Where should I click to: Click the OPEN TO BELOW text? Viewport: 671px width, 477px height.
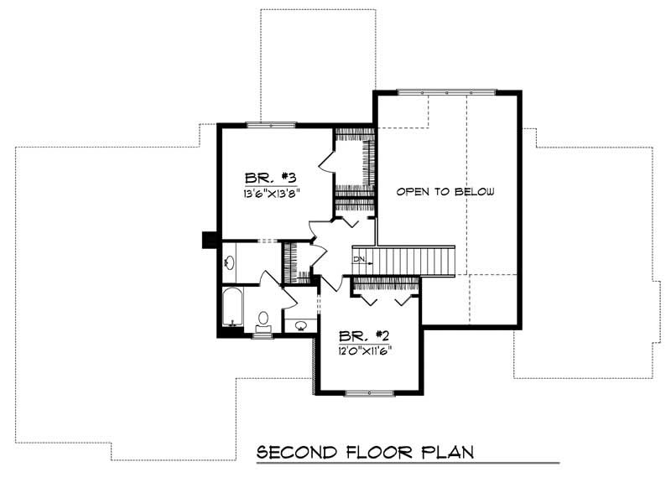(x=445, y=191)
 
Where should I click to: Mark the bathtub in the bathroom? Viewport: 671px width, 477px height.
(x=233, y=307)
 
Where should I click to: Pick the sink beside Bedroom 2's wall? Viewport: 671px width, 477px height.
(x=300, y=324)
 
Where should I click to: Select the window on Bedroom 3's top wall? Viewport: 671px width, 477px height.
(x=271, y=125)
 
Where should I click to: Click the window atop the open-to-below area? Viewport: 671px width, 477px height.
(x=446, y=91)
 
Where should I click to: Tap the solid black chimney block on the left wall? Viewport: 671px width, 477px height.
(x=207, y=240)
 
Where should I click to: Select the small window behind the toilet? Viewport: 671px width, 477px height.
(x=263, y=335)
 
